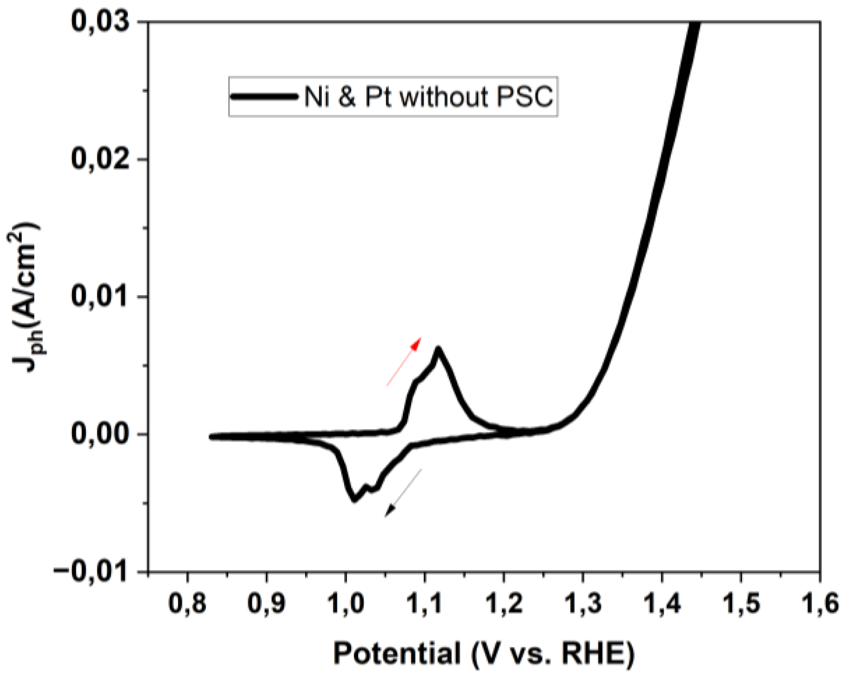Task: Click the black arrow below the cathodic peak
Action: (403, 493)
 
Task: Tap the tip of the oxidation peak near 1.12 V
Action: (438, 349)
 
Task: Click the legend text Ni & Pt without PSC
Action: (428, 97)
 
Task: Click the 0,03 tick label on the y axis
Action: (102, 22)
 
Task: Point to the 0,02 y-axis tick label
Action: (102, 159)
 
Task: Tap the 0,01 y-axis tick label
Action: (102, 297)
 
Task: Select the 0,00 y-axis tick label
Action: (102, 434)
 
